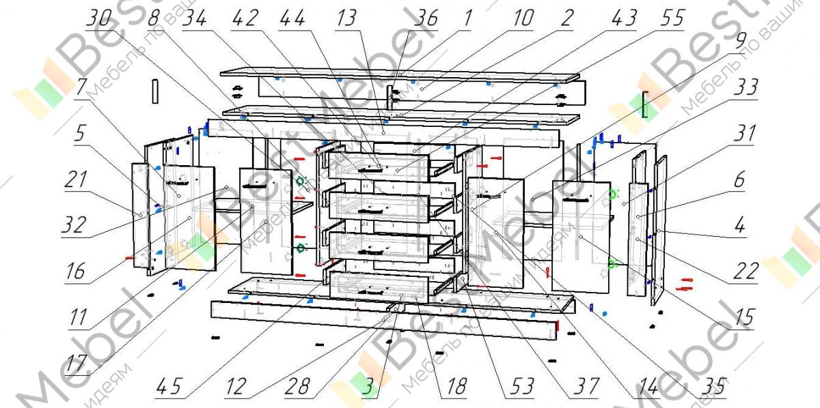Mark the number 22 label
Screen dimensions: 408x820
point(746,271)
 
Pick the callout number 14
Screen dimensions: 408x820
point(644,387)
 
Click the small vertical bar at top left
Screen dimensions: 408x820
point(155,91)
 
